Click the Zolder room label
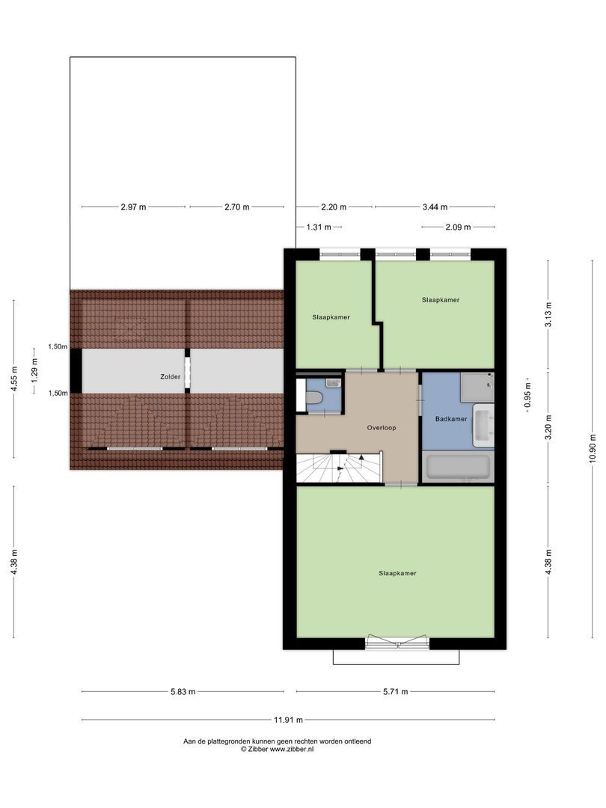(x=171, y=376)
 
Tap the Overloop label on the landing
(x=381, y=428)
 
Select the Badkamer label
(x=451, y=419)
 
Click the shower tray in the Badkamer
(x=476, y=386)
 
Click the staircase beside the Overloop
(x=339, y=468)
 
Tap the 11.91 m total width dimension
(x=288, y=720)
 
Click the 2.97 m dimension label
(x=133, y=206)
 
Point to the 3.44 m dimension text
(x=434, y=206)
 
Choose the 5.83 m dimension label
(x=182, y=691)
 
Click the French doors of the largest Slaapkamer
(x=397, y=642)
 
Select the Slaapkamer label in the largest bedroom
(x=397, y=573)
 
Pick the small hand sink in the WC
(x=332, y=383)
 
